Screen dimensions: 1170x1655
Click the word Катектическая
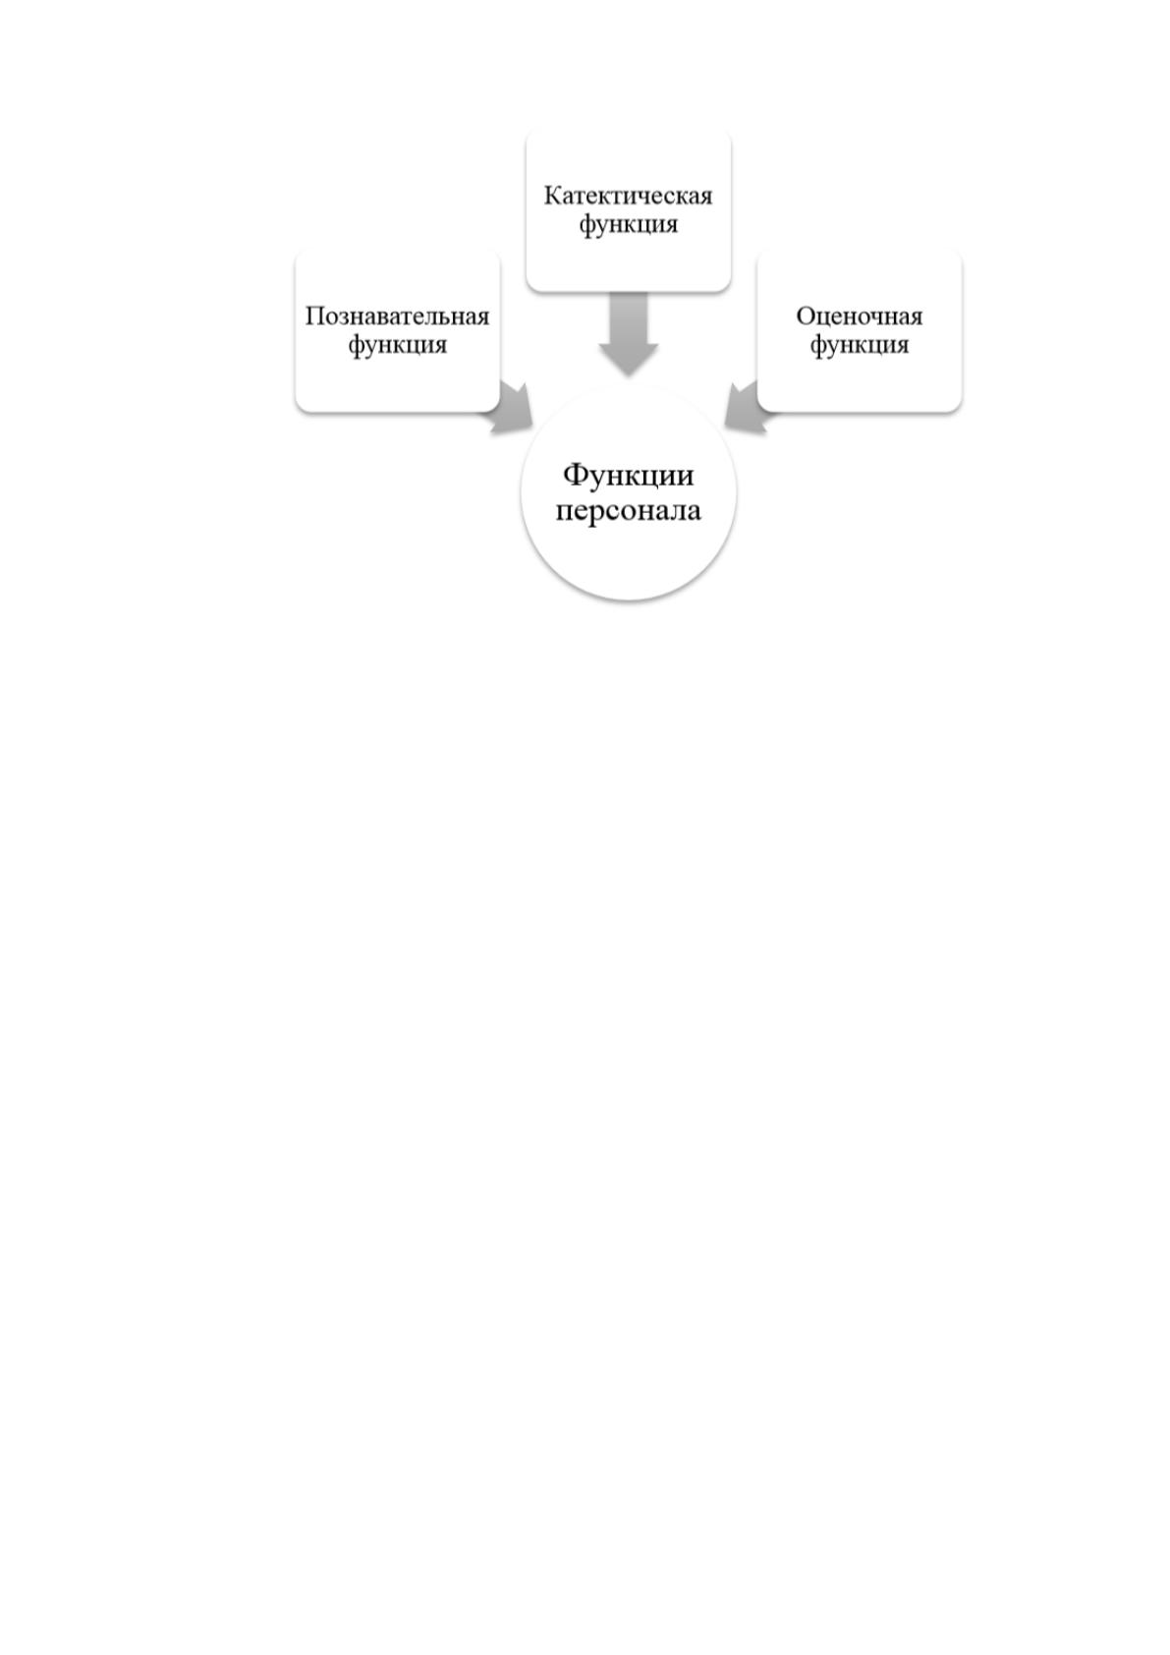click(628, 196)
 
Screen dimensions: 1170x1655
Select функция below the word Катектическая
click(628, 225)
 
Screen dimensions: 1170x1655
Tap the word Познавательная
click(398, 316)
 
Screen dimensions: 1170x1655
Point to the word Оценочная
click(859, 316)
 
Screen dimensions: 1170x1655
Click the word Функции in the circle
click(628, 476)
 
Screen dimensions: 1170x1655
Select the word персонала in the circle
click(628, 511)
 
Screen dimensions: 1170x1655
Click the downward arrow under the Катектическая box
click(628, 333)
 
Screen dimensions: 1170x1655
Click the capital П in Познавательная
click(315, 316)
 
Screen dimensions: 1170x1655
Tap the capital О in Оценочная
click(806, 316)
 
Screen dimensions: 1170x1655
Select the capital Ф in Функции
click(576, 475)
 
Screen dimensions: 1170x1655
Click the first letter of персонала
click(565, 512)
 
